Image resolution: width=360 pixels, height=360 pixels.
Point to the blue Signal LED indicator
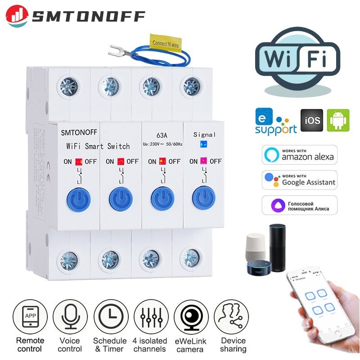202,145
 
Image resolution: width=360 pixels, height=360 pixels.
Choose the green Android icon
338,121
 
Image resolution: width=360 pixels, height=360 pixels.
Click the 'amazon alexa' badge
299,155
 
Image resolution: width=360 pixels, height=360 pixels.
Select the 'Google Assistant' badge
299,180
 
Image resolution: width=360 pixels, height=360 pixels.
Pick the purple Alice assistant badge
299,205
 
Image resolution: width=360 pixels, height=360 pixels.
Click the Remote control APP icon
30,317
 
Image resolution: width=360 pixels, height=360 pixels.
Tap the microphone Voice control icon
70,317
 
